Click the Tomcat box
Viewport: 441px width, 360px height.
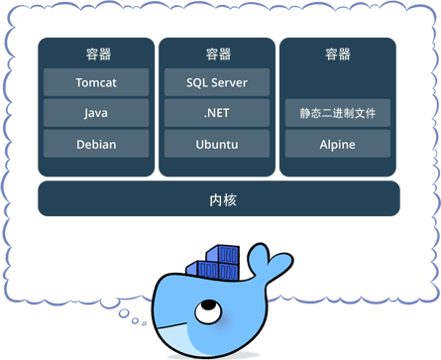tap(96, 82)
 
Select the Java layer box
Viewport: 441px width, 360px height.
tap(96, 113)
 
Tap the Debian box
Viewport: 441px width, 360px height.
tap(96, 144)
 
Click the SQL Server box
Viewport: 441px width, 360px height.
tap(217, 82)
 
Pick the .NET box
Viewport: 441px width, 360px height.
tap(217, 113)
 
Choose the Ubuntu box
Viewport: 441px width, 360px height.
tap(217, 144)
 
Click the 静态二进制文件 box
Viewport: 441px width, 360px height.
tap(338, 113)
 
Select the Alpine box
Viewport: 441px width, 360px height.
tap(338, 144)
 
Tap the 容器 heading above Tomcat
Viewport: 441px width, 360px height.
tap(96, 54)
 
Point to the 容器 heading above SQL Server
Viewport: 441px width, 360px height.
tap(218, 54)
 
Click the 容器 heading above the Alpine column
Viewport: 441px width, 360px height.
tap(338, 54)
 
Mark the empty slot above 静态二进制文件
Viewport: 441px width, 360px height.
tap(338, 82)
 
